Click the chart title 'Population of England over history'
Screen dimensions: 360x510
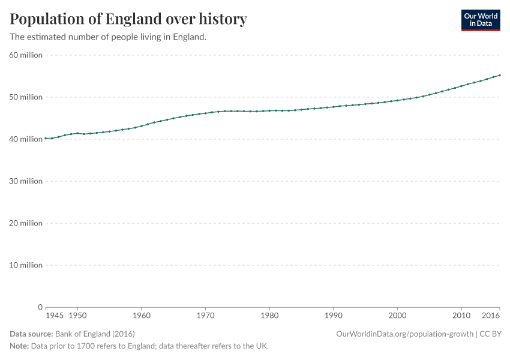(128, 19)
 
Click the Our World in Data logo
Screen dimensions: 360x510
(480, 20)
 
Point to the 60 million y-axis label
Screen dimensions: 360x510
(26, 55)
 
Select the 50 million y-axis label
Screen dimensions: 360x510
(26, 97)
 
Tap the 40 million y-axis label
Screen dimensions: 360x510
(26, 139)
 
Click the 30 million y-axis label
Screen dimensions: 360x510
(26, 181)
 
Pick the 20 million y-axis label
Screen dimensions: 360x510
(26, 223)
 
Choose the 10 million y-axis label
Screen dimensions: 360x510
(26, 265)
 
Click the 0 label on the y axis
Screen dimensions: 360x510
(40, 307)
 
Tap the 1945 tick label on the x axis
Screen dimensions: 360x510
(54, 315)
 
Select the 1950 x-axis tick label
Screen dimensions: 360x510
(77, 315)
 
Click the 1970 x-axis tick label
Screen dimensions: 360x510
(205, 315)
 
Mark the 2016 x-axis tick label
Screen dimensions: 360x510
(491, 315)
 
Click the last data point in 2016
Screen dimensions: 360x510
(500, 76)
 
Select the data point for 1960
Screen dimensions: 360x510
(142, 126)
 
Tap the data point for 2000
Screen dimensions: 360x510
(397, 100)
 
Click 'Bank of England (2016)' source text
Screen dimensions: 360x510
(94, 334)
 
